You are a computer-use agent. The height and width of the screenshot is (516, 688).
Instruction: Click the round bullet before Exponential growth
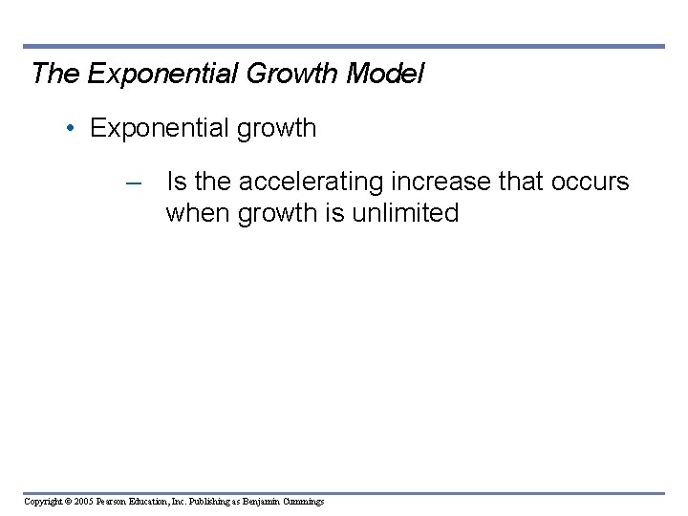(x=74, y=129)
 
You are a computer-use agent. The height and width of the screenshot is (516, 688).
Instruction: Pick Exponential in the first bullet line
(x=153, y=129)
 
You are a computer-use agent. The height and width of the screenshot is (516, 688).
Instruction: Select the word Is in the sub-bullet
(x=177, y=181)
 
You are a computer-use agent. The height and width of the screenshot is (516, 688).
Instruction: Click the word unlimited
(x=405, y=212)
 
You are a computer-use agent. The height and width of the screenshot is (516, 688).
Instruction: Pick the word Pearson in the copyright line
(x=114, y=502)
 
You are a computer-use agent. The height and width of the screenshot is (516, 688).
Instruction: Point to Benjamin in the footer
(x=261, y=502)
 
